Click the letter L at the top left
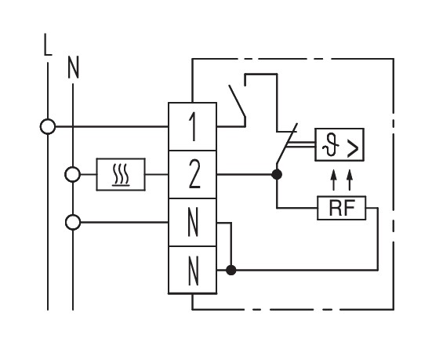click(48, 45)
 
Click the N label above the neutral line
click(73, 67)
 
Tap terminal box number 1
click(192, 126)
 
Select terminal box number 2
click(192, 174)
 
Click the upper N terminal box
click(192, 222)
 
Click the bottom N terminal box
click(192, 270)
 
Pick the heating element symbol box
click(121, 174)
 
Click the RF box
click(342, 208)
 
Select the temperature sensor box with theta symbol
click(339, 144)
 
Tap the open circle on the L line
click(48, 126)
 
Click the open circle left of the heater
click(72, 174)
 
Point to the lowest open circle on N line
click(73, 222)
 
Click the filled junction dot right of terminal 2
click(277, 174)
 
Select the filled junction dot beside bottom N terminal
click(231, 270)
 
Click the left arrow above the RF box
click(334, 180)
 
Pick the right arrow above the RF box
click(350, 180)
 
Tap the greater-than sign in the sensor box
click(353, 148)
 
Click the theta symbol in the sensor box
click(329, 145)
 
